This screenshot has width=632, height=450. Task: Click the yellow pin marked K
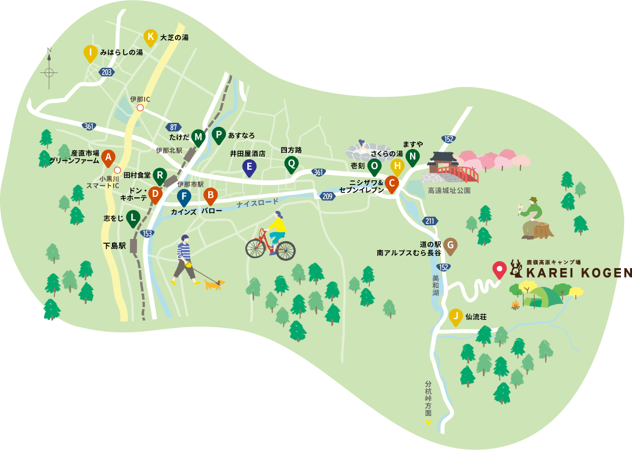point(151,37)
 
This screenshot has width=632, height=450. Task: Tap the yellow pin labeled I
point(91,53)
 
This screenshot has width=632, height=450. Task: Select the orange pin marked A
point(108,157)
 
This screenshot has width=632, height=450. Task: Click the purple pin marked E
point(249,168)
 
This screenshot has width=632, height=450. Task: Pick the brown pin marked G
point(450,245)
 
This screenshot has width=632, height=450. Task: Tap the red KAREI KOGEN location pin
point(499,269)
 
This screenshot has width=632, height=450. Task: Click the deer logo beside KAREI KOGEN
point(516,270)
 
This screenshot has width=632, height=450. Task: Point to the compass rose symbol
point(49,71)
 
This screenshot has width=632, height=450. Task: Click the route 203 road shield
point(106,72)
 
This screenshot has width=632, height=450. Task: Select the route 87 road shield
point(173,127)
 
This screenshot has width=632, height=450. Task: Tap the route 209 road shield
point(327,196)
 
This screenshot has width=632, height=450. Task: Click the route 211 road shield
point(429,221)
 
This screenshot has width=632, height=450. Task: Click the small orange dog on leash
point(213,284)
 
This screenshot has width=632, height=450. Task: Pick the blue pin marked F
point(183,198)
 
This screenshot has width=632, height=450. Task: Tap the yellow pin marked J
point(454,317)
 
